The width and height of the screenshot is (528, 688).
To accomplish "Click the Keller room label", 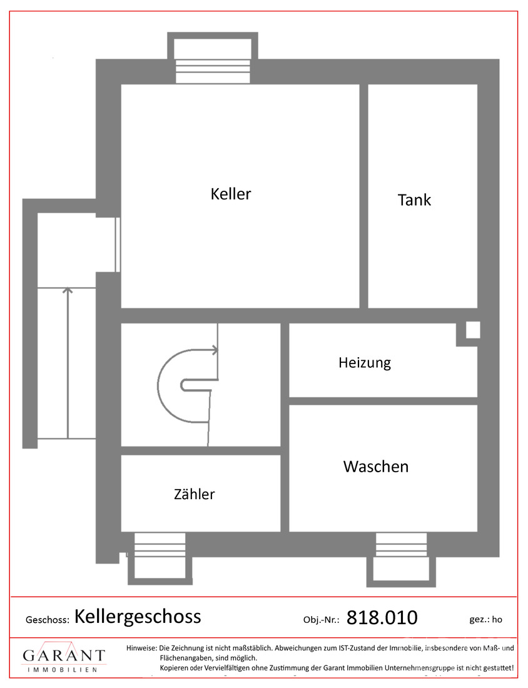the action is pyautogui.click(x=231, y=194).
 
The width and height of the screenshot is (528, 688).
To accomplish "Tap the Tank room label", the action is pyautogui.click(x=414, y=200).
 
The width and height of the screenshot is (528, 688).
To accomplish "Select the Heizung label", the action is pyautogui.click(x=365, y=363).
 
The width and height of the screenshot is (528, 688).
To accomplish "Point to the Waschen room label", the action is pyautogui.click(x=376, y=467).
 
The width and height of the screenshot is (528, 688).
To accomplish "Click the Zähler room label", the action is pyautogui.click(x=195, y=494).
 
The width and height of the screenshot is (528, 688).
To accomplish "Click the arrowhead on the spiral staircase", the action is pyautogui.click(x=215, y=350).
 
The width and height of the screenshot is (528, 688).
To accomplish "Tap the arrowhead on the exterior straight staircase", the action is pyautogui.click(x=68, y=290).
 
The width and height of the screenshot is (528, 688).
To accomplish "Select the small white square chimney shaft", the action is pyautogui.click(x=473, y=330).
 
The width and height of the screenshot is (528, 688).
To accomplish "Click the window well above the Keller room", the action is pyautogui.click(x=213, y=58).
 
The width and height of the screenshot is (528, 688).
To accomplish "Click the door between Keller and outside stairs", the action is pyautogui.click(x=117, y=245).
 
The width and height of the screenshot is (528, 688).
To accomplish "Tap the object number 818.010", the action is pyautogui.click(x=382, y=618).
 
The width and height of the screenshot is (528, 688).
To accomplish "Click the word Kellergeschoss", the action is pyautogui.click(x=138, y=617).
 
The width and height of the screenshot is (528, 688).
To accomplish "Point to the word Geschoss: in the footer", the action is pyautogui.click(x=48, y=620).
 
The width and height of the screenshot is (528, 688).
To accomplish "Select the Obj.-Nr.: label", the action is pyautogui.click(x=322, y=620).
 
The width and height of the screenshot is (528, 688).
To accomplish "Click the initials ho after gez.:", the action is pyautogui.click(x=497, y=620).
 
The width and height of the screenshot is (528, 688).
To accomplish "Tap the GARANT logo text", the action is pyautogui.click(x=64, y=655).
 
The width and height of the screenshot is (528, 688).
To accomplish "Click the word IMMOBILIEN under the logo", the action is pyautogui.click(x=63, y=670).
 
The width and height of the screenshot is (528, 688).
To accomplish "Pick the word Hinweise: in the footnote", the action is pyautogui.click(x=141, y=648).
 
